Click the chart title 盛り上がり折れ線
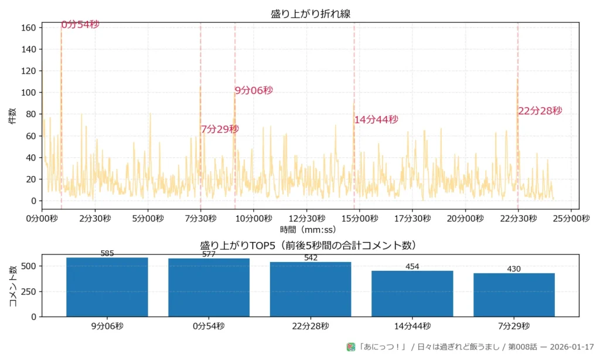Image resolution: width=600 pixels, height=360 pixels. point(311,13)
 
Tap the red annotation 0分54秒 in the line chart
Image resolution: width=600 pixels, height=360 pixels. point(80,25)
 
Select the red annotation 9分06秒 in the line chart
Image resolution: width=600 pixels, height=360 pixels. point(254,90)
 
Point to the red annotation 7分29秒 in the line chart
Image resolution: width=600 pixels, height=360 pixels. point(220,129)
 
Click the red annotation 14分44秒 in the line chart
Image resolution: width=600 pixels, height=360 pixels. point(376,120)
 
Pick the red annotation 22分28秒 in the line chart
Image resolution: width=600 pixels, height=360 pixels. point(540,111)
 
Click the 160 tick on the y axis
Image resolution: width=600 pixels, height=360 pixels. point(29,28)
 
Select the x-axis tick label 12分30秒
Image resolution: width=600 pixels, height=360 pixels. point(307,219)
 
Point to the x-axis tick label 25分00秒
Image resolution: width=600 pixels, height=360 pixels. point(571,219)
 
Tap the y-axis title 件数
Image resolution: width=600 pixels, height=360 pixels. point(12,116)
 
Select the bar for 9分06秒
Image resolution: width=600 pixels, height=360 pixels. point(107,287)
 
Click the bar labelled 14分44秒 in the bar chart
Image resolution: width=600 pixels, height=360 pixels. point(412,293)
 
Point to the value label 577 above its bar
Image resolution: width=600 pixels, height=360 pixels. point(209,254)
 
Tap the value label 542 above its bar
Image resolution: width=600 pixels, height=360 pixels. point(311,258)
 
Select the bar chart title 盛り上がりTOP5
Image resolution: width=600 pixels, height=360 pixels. point(311,245)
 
